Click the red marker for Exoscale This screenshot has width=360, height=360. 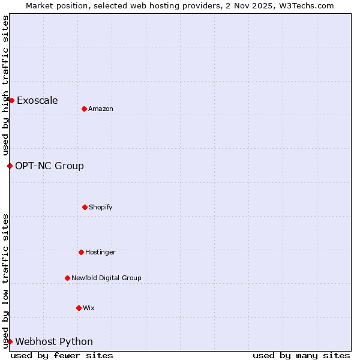point(11,100)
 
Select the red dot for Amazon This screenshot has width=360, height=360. point(84,109)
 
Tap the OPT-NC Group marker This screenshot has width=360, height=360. point(10,166)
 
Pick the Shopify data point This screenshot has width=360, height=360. point(85,207)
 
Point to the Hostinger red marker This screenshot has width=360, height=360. point(81,252)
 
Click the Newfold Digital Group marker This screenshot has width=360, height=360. point(67,278)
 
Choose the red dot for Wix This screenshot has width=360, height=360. point(79,308)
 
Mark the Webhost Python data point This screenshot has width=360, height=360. point(10,341)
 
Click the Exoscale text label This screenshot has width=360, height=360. point(37,100)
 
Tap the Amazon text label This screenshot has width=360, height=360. point(101,109)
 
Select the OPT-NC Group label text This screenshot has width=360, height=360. point(49,166)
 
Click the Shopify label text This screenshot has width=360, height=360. point(101,207)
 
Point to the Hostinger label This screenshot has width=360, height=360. point(100,252)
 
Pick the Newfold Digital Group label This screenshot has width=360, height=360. point(106,278)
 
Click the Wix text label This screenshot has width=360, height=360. point(89,308)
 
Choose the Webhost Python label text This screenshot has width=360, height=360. point(54,341)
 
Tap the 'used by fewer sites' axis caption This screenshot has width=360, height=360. point(62,355)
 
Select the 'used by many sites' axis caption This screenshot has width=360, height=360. point(301,355)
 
